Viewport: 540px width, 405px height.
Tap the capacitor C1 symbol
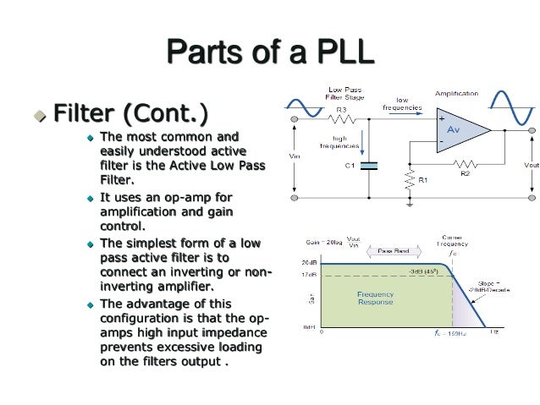point(367,166)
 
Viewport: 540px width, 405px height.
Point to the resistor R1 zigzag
point(410,181)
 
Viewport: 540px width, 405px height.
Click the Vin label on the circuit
point(294,156)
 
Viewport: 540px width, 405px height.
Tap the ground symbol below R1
point(410,204)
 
